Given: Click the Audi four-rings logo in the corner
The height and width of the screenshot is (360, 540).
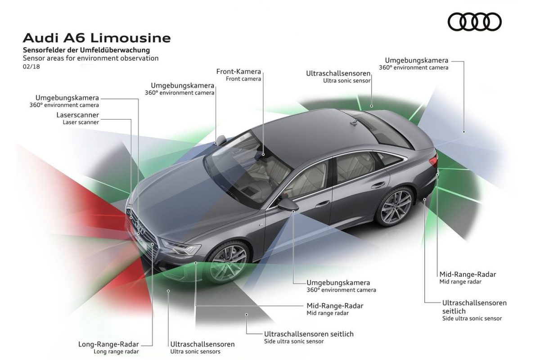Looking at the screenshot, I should tap(474, 22).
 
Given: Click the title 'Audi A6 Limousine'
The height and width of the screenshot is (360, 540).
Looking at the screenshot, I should tap(96, 38).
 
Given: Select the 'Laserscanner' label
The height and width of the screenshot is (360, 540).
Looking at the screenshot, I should tap(77, 115).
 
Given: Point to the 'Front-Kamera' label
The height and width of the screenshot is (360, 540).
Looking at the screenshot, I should tap(238, 72).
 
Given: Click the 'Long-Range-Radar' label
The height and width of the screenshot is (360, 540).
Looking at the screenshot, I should tap(108, 344).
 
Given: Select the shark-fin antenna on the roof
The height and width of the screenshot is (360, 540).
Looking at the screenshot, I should tap(354, 121).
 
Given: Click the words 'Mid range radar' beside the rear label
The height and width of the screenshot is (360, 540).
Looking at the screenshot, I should tap(460, 282).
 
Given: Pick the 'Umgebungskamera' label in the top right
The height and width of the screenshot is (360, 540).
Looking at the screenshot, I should tap(416, 60).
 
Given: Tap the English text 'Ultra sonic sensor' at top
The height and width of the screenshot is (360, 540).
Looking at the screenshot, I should tap(346, 81).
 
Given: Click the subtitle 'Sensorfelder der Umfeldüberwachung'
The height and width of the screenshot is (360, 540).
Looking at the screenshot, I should tap(86, 50).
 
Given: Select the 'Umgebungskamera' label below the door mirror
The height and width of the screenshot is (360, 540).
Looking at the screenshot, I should tap(338, 283).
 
